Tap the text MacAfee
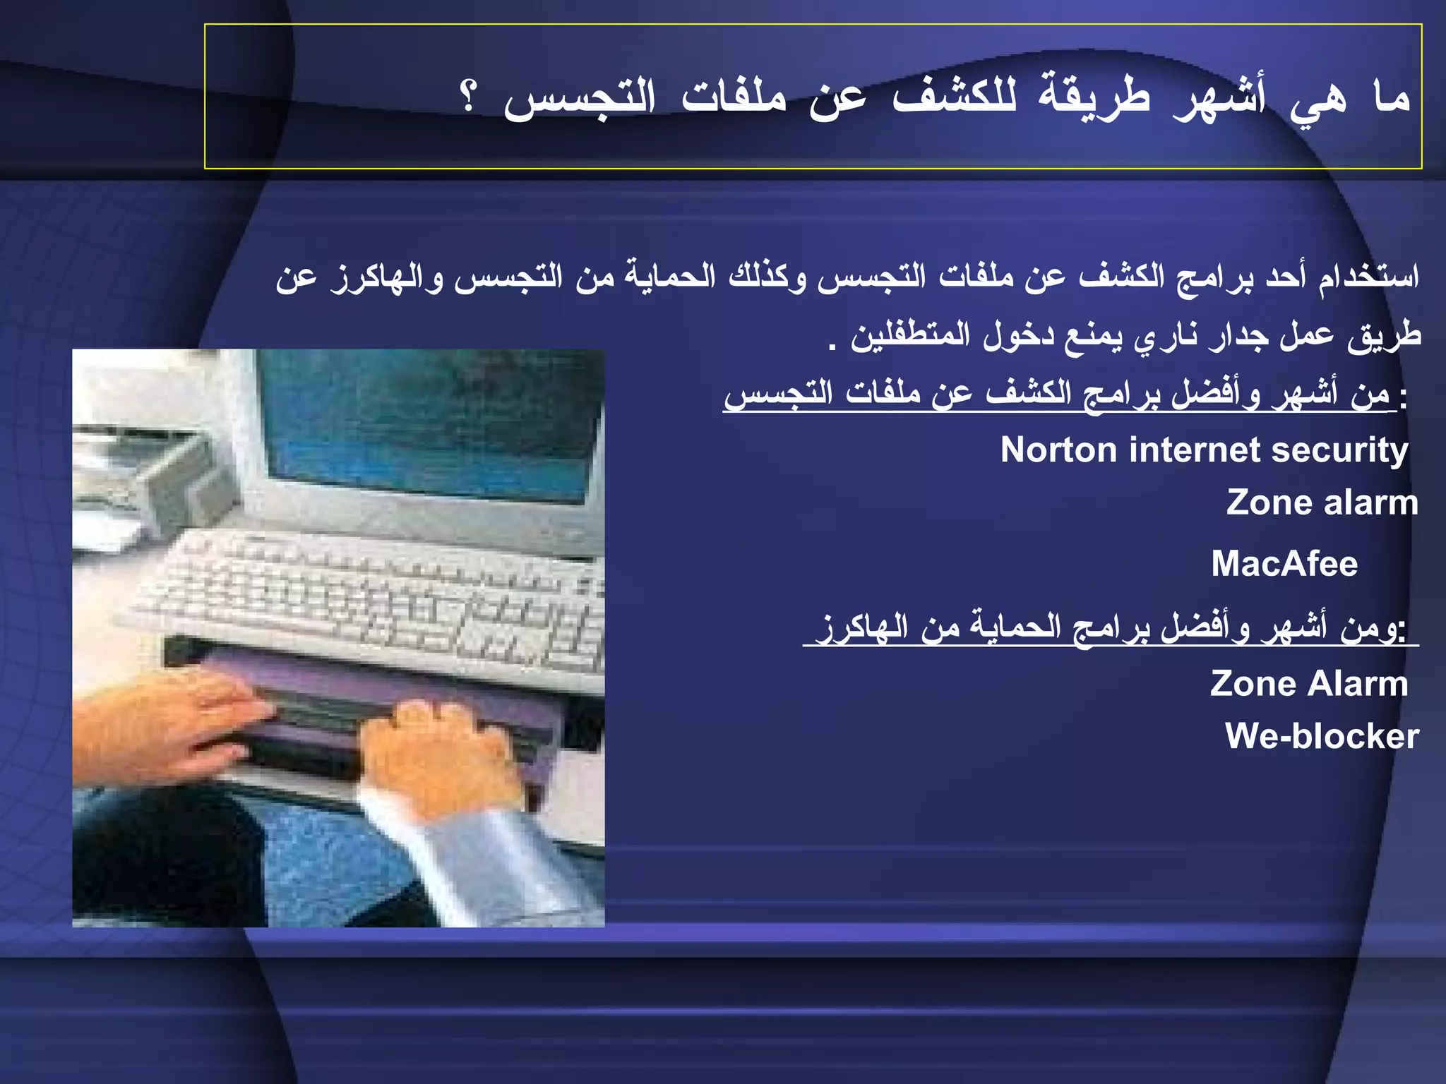(x=1284, y=564)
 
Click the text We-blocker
(x=1322, y=736)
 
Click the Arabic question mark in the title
(x=468, y=97)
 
